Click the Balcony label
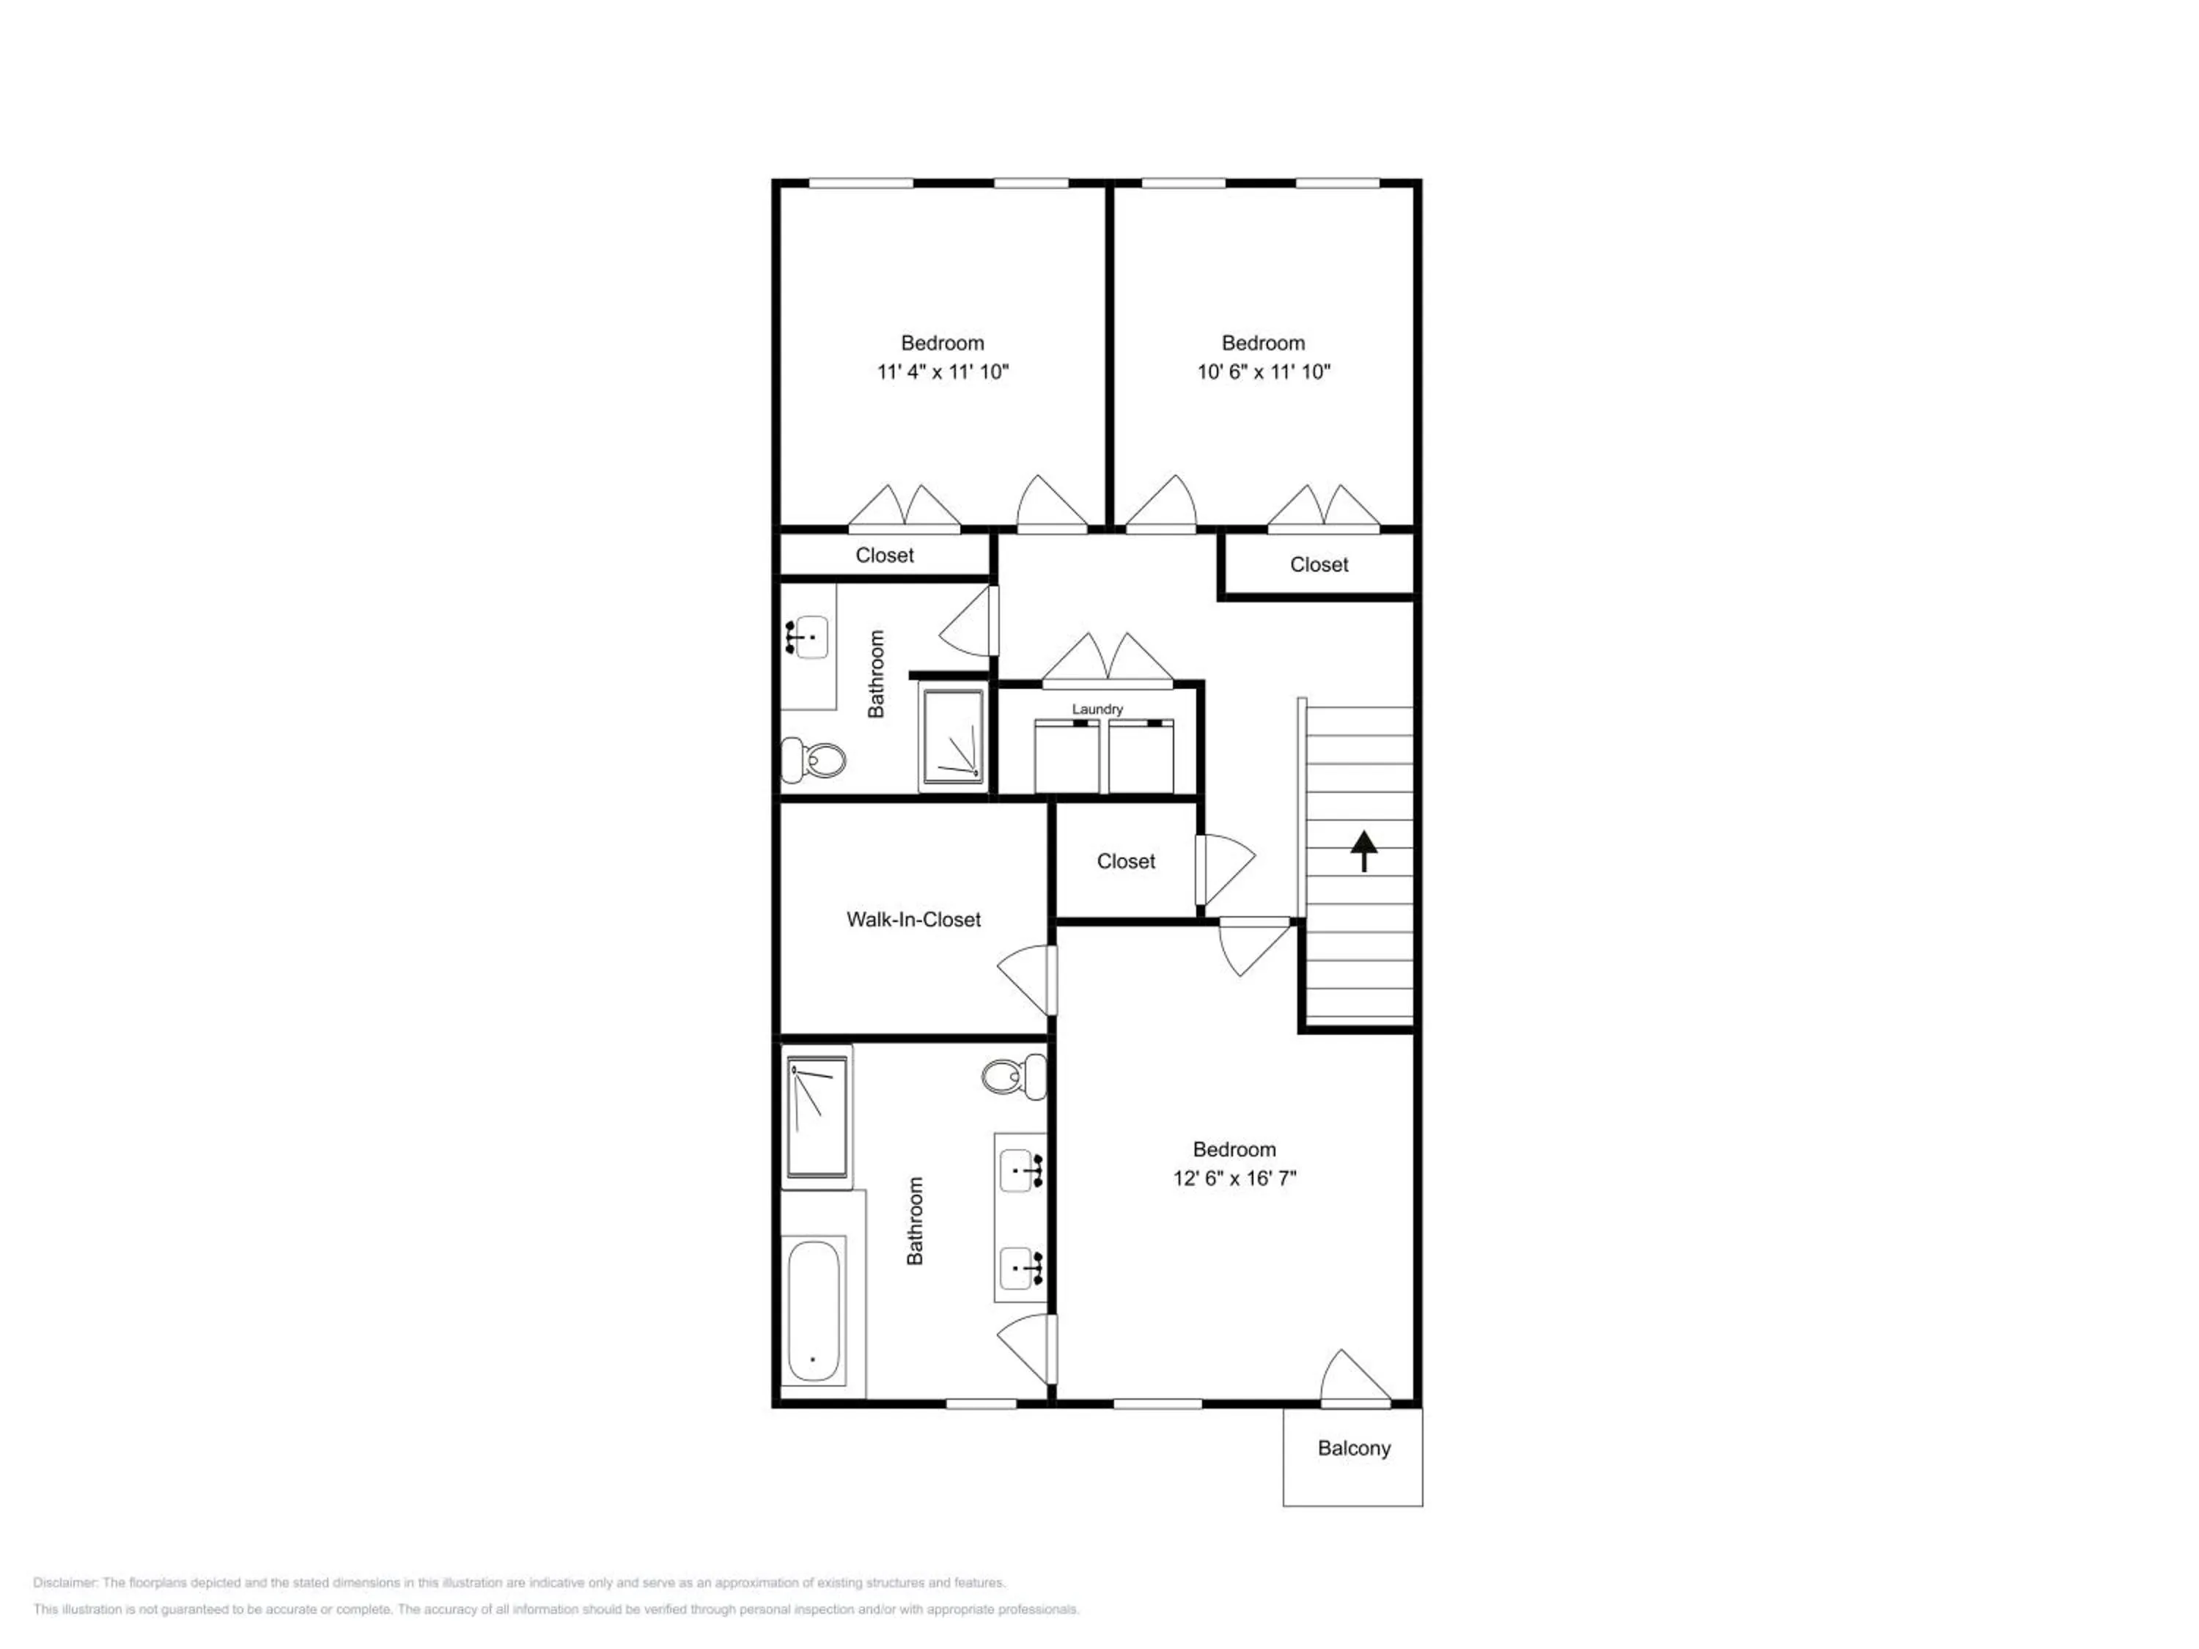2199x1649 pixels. click(x=1353, y=1448)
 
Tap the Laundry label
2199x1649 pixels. click(x=1097, y=709)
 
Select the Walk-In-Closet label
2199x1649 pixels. click(x=913, y=920)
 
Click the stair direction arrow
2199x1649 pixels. click(x=1364, y=851)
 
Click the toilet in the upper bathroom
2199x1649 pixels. click(x=813, y=761)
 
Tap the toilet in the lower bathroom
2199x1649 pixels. click(x=1014, y=1077)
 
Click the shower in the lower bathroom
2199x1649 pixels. click(x=817, y=1117)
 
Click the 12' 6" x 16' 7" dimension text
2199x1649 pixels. click(x=1234, y=1178)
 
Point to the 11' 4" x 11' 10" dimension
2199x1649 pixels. click(x=943, y=372)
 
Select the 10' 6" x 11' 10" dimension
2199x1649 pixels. click(x=1264, y=372)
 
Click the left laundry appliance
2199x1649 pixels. click(x=1067, y=756)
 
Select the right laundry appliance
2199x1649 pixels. click(x=1141, y=756)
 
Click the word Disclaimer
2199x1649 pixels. click(x=65, y=1582)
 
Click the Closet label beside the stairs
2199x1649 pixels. click(x=1127, y=862)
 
